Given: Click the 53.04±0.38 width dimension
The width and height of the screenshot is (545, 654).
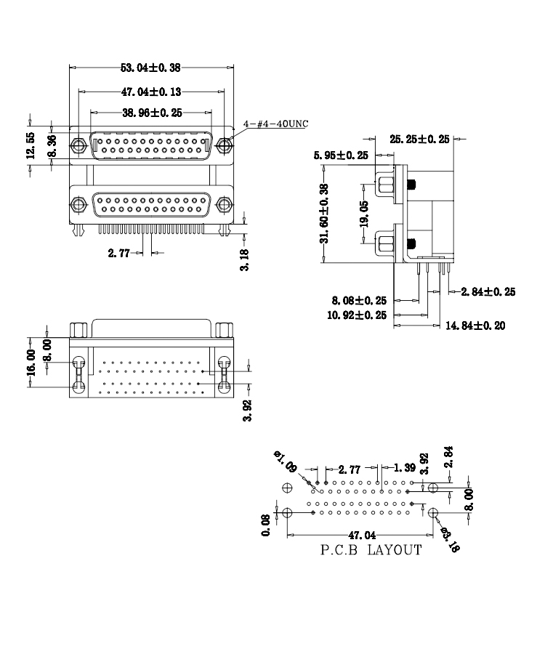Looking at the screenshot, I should (x=150, y=68).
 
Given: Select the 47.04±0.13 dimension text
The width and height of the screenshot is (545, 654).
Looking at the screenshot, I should (x=151, y=92).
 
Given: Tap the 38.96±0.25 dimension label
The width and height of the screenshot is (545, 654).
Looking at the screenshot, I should (x=151, y=113).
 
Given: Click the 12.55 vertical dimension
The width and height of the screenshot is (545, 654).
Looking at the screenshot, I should (x=30, y=145).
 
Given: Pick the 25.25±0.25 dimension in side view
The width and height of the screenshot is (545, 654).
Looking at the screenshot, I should (x=419, y=139).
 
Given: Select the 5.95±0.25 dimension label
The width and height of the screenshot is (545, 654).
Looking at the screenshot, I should (x=341, y=156).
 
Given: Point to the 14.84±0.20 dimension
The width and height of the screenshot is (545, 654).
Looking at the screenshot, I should (x=475, y=326).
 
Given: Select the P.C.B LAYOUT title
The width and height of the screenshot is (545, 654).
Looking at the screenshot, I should (x=371, y=550).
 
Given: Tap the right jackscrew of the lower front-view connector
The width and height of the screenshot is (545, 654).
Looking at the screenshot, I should (x=225, y=205).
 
